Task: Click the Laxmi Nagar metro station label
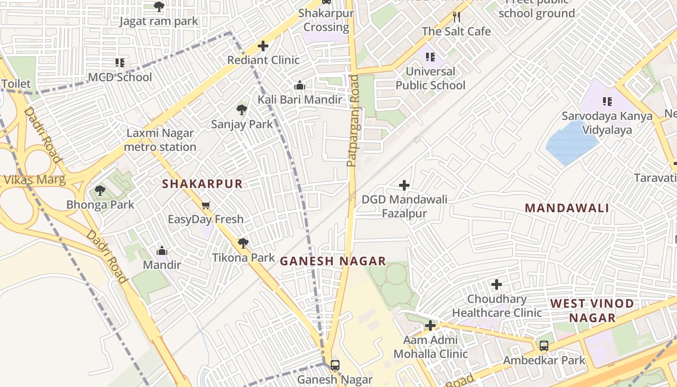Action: tap(160, 140)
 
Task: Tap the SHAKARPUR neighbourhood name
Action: tap(202, 184)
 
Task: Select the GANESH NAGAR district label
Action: tap(333, 261)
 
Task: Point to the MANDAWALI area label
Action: tap(567, 208)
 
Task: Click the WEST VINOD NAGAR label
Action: tap(592, 311)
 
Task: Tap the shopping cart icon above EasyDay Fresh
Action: tap(206, 206)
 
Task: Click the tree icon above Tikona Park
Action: tap(243, 243)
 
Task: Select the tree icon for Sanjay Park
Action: tap(242, 110)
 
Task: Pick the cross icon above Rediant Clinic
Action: tap(263, 46)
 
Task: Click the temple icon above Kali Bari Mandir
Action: tap(300, 86)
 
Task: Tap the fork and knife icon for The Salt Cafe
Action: tap(456, 17)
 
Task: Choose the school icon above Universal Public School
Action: tap(430, 57)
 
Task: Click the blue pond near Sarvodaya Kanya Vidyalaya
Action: tap(572, 143)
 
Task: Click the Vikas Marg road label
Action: tap(34, 180)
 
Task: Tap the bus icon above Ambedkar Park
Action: tap(544, 346)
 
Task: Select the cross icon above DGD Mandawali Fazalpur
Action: tap(404, 185)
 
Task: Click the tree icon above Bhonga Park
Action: tap(100, 191)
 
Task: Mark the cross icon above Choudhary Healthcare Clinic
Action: tap(496, 284)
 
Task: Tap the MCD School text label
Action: tap(120, 77)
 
